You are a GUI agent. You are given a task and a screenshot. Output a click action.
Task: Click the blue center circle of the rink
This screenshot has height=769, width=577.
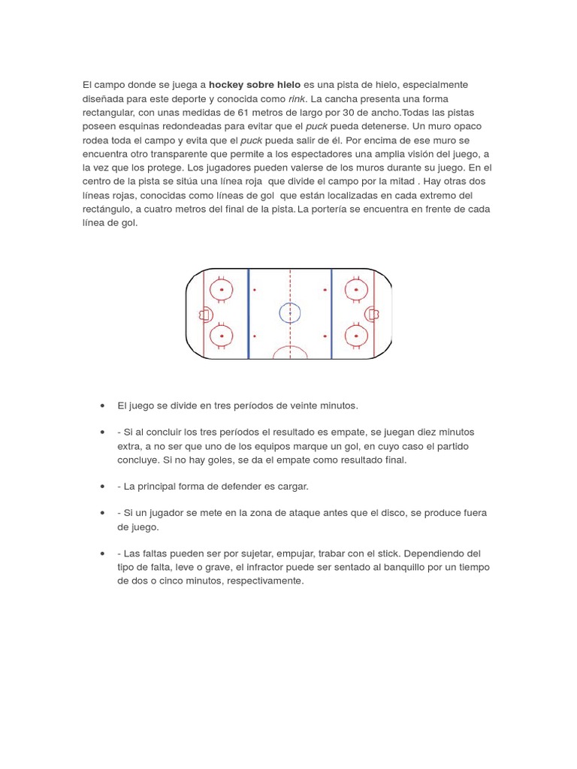point(290,312)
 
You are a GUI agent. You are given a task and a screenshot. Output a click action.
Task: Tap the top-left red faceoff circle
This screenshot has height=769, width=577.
point(222,288)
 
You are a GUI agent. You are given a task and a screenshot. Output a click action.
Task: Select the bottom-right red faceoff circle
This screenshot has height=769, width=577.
point(354,336)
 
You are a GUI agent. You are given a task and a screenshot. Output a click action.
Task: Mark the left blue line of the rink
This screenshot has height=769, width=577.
point(249,313)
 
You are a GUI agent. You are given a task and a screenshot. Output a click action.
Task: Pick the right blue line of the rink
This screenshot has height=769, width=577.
point(331,313)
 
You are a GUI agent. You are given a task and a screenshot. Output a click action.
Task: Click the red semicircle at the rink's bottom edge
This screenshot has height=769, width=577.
point(290,353)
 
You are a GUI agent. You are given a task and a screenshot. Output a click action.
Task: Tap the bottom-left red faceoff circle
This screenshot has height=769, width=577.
point(222,336)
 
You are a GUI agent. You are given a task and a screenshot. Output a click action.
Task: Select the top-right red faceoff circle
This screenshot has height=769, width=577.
point(354,288)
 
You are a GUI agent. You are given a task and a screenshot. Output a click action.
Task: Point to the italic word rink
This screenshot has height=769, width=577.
point(297,99)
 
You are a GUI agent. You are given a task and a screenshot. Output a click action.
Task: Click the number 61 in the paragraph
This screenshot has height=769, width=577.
point(243,113)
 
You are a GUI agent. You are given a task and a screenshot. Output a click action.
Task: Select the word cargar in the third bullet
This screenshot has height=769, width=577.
point(293,486)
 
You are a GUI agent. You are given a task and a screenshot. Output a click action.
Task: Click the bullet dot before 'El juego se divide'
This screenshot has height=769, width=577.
point(101,406)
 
